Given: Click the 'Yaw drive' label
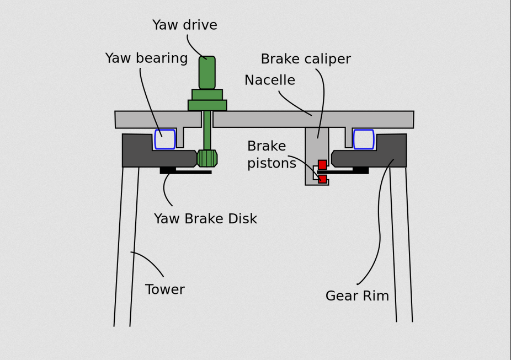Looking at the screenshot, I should (185, 25).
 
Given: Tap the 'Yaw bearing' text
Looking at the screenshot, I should (146, 58).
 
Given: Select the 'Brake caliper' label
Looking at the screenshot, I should (306, 59).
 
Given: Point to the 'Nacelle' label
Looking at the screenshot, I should (270, 80).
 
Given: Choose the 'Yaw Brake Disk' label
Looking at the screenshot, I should (205, 219).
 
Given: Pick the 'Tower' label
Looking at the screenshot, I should (164, 289).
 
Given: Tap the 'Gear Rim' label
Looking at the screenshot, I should (357, 296).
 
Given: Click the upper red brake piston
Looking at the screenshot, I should (322, 164).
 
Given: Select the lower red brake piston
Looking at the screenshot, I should (322, 179).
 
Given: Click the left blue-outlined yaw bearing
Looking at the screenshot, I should (165, 139).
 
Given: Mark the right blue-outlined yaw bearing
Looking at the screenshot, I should (364, 139).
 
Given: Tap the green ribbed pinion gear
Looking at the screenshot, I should (207, 158).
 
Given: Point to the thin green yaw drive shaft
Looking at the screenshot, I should (207, 130).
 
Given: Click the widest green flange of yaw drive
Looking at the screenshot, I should (207, 105).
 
